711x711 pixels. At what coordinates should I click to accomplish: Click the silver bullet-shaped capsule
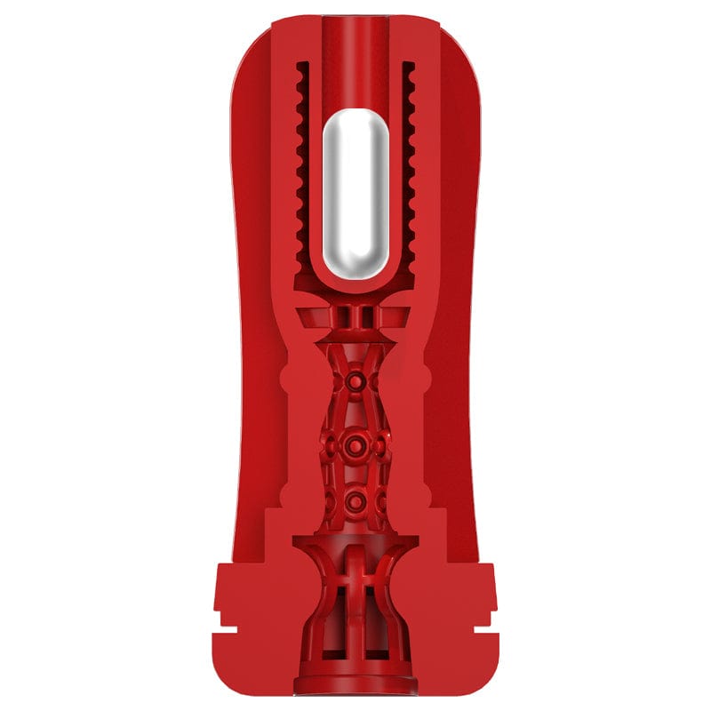click(x=355, y=196)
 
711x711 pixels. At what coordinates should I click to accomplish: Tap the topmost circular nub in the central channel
click(x=355, y=381)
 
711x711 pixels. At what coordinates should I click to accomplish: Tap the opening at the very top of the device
click(x=355, y=21)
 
